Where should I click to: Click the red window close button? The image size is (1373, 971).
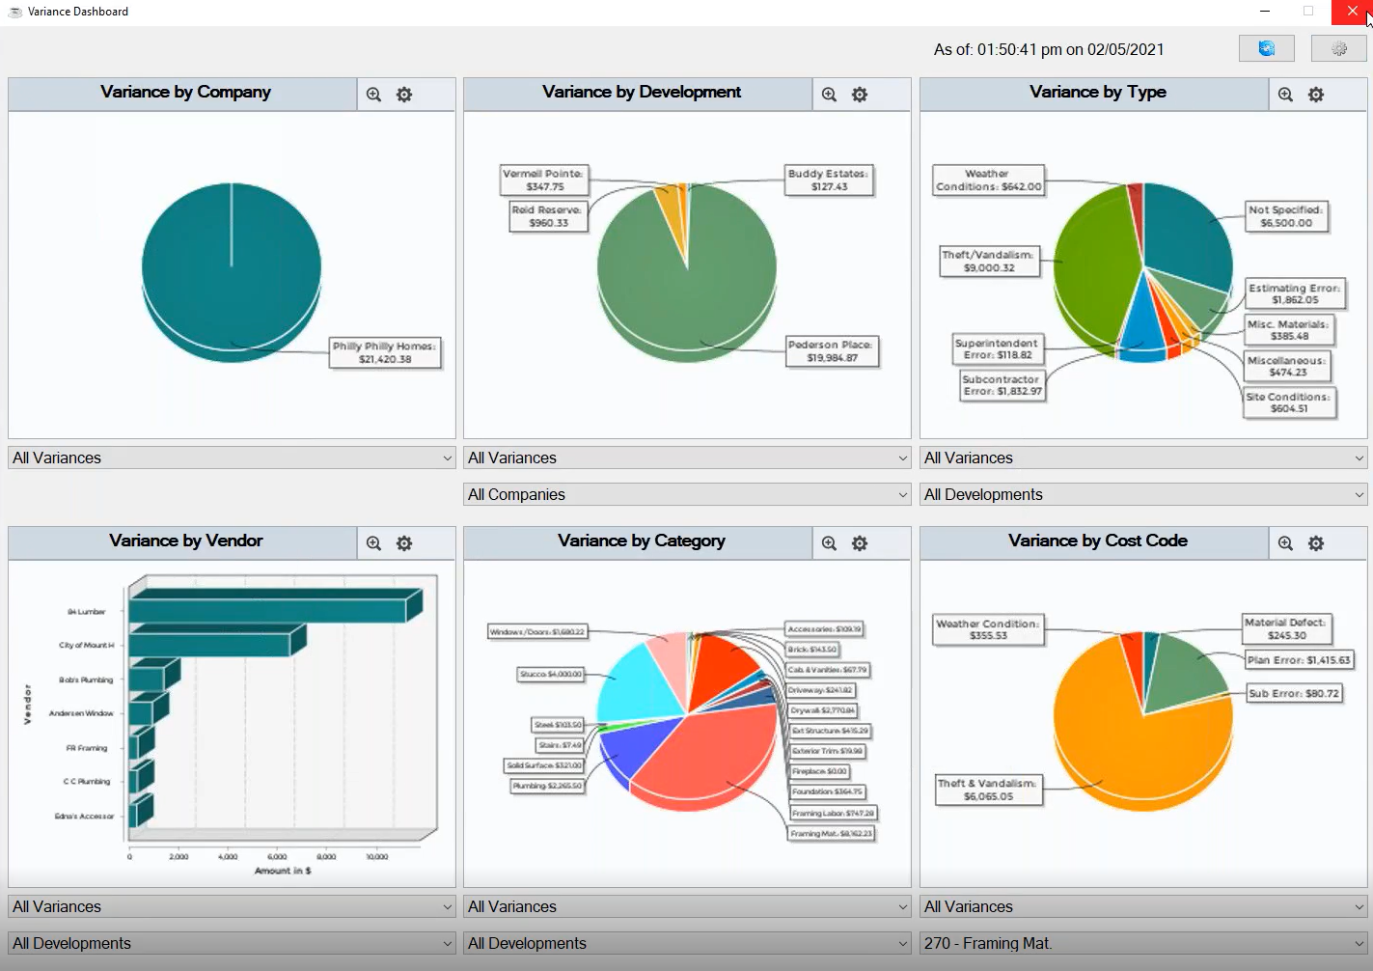(x=1352, y=12)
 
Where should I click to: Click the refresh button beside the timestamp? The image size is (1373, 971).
(x=1266, y=48)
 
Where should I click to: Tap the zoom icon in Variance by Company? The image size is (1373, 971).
(x=373, y=95)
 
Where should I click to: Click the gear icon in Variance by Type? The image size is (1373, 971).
(x=1315, y=95)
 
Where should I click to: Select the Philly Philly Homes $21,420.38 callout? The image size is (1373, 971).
(x=385, y=353)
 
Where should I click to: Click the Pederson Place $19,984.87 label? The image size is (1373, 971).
(x=830, y=351)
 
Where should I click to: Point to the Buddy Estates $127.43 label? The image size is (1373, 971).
(x=828, y=180)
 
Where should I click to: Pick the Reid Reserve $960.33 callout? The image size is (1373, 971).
(x=548, y=216)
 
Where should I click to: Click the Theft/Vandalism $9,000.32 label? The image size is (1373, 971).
(x=989, y=262)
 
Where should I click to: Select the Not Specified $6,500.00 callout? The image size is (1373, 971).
(x=1286, y=216)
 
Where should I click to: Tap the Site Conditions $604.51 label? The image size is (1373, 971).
(x=1288, y=402)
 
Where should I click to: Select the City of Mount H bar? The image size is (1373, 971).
(x=209, y=645)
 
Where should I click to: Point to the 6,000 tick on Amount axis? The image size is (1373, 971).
(x=277, y=857)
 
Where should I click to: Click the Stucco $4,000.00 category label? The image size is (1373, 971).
(x=551, y=675)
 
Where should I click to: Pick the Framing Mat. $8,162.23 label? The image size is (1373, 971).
(x=831, y=834)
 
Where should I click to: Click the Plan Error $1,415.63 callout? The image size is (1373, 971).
(x=1299, y=660)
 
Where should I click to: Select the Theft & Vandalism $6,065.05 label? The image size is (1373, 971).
(x=988, y=790)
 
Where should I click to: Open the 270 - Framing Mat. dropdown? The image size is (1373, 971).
(x=1143, y=943)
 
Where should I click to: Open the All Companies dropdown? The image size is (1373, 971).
(x=687, y=494)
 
